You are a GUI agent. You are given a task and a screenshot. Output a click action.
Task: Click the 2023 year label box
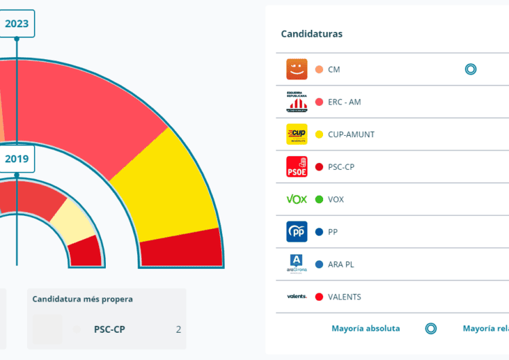16,24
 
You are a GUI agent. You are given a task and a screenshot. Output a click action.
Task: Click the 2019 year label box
16,159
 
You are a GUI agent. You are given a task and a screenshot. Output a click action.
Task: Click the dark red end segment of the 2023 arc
182,249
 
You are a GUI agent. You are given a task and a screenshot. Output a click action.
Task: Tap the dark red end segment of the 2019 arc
86,252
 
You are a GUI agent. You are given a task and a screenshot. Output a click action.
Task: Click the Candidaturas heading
312,34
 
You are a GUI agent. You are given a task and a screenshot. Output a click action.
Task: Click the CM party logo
297,69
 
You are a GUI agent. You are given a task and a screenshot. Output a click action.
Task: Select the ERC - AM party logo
297,102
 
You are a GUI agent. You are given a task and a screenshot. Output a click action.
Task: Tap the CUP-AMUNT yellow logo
297,134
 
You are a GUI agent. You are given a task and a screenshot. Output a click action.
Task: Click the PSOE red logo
297,166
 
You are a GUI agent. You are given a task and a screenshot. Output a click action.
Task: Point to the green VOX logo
297,199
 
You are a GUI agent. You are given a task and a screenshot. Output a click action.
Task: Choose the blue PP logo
297,232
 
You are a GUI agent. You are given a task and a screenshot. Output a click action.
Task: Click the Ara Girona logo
297,264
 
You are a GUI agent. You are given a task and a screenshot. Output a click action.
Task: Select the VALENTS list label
344,297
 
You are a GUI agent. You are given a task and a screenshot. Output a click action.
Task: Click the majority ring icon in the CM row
470,69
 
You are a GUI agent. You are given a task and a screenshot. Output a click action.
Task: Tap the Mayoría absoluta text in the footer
366,329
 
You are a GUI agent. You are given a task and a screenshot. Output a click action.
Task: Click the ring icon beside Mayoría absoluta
430,329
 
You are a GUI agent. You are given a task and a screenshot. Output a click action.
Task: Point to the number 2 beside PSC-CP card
178,330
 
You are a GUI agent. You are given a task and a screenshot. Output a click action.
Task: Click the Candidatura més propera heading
83,299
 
